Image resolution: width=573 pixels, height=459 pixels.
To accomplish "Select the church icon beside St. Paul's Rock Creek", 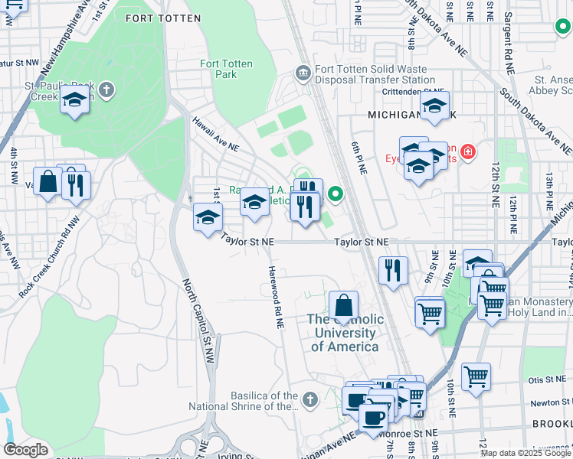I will pos(107,90).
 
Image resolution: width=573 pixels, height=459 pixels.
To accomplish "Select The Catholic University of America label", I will pos(344,333).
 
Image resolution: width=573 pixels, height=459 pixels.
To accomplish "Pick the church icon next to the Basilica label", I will pos(309,400).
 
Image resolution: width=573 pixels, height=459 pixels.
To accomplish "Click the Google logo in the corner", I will pos(25,450).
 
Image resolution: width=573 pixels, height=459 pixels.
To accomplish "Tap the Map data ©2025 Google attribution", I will pos(525,453).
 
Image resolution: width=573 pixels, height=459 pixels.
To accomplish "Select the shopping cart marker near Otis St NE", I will pos(476,376).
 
